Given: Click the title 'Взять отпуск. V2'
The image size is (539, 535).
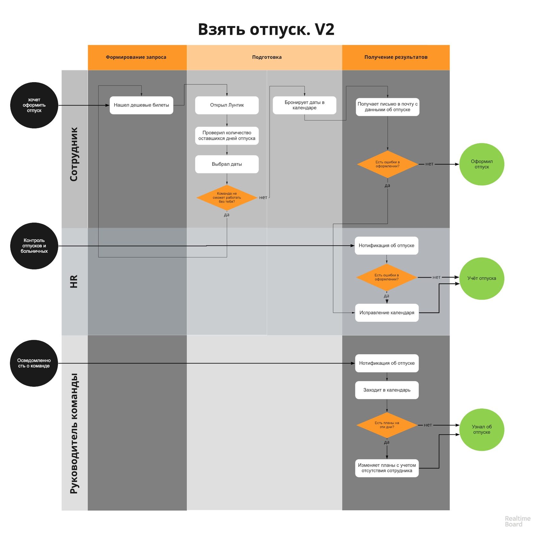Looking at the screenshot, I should click(x=266, y=30).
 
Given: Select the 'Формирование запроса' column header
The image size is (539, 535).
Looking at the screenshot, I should click(x=136, y=57).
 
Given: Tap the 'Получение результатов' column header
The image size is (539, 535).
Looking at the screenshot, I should click(x=396, y=57).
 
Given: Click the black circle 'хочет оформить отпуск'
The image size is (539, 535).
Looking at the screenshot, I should click(x=34, y=105).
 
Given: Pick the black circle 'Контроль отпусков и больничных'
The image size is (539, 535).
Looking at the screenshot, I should click(x=34, y=246).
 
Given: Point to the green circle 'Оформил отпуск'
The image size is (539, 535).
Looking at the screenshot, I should click(x=482, y=164).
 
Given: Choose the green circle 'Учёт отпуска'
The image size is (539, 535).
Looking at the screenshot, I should click(x=482, y=278).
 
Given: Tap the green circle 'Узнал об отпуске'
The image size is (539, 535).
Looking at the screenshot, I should click(x=482, y=429).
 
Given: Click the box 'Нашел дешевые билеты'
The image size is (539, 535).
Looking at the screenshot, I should click(x=141, y=105).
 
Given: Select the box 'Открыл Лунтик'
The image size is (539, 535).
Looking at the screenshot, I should click(x=227, y=105).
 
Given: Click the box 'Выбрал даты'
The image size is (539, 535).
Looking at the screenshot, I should click(x=227, y=164).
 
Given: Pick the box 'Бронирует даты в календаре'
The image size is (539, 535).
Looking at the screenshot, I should click(x=304, y=105).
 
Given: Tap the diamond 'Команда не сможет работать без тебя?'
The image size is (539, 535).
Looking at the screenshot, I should click(x=227, y=197).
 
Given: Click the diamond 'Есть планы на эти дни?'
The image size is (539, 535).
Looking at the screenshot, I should click(x=387, y=425).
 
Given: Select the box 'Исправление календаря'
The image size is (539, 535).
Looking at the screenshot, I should click(x=387, y=312).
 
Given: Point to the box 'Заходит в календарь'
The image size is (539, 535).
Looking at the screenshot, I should click(x=387, y=390).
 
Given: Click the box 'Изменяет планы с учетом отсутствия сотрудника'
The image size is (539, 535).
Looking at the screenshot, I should click(x=387, y=468).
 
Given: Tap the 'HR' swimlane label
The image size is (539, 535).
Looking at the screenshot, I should click(x=74, y=281).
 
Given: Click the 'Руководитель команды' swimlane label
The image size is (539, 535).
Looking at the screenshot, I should click(x=74, y=433).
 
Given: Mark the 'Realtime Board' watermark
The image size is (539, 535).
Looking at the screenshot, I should click(x=517, y=521).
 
